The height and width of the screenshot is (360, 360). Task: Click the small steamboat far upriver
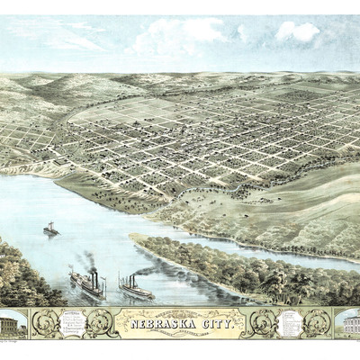click(x=51, y=229)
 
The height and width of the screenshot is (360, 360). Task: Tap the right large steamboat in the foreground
click(x=136, y=287)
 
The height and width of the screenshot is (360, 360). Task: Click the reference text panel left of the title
click(x=73, y=323)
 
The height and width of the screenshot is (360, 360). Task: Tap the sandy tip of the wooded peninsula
click(x=137, y=238)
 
